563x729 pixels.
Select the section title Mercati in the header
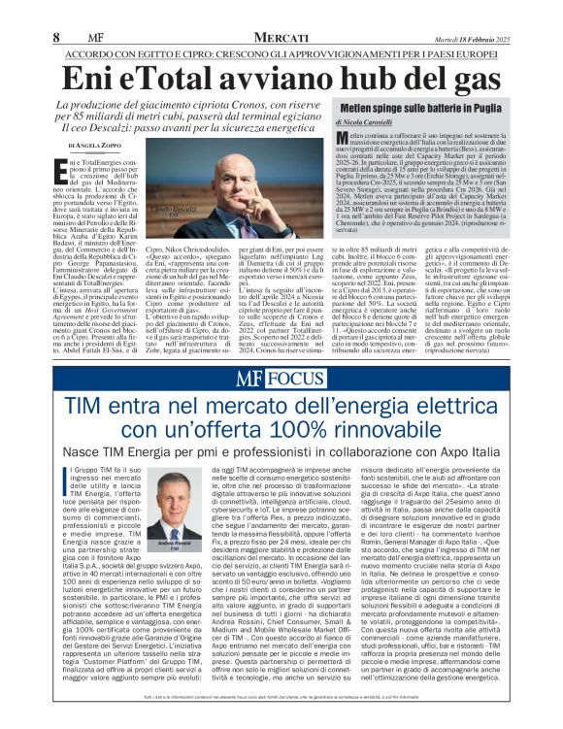tap(281, 36)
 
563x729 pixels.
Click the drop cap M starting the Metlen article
tap(344, 142)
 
